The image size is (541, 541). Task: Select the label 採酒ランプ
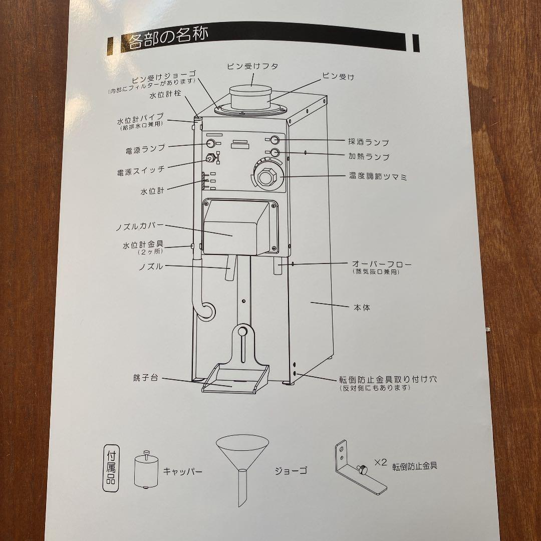369,142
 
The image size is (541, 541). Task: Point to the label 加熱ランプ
369,157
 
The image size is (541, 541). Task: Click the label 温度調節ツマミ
378,176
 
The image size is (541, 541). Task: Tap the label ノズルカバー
139,227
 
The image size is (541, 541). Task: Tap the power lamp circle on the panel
210,144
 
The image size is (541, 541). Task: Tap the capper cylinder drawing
145,470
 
